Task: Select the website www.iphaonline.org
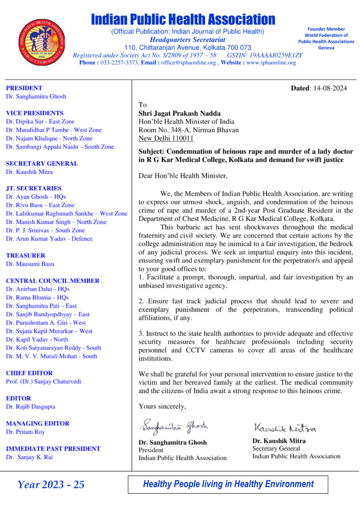(x=271, y=63)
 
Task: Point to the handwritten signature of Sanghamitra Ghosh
(x=173, y=426)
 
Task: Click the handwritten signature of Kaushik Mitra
(x=284, y=427)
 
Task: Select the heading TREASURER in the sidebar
(x=25, y=255)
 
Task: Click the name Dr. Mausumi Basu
(x=30, y=264)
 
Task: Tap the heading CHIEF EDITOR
(x=29, y=373)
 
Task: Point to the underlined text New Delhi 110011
(x=166, y=139)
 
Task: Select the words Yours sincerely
(x=162, y=407)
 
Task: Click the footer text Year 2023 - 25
(x=51, y=485)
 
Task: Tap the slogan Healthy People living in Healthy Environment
(x=228, y=484)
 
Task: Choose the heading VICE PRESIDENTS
(x=34, y=113)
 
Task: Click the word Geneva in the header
(x=326, y=48)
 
